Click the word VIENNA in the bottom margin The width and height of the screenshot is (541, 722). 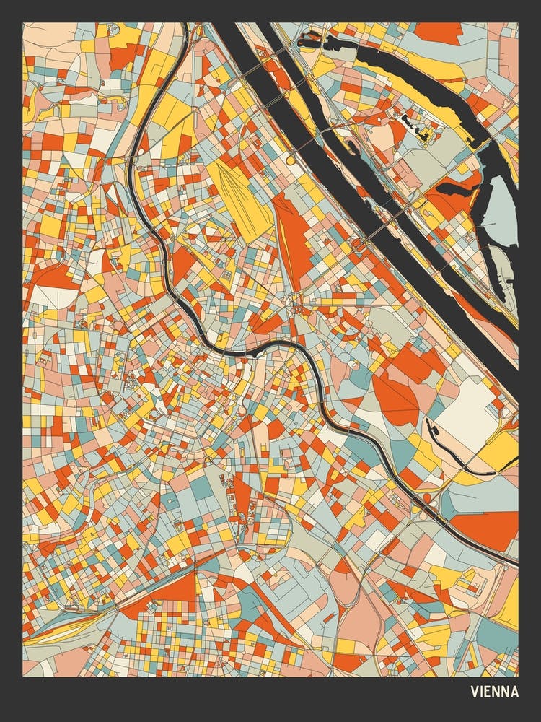click(494, 692)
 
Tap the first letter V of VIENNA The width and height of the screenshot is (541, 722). click(475, 692)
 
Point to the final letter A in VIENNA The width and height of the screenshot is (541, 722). click(514, 692)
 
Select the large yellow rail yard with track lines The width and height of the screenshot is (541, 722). click(242, 191)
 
